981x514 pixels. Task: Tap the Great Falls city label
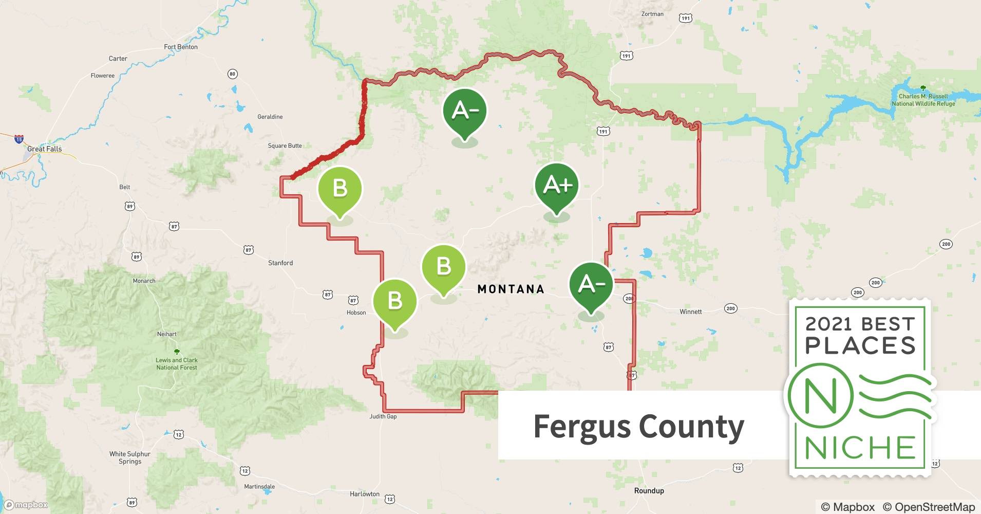(44, 149)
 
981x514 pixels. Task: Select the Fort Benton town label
(181, 47)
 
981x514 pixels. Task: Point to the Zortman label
(652, 14)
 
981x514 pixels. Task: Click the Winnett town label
(690, 311)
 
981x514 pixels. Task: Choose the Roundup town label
(649, 490)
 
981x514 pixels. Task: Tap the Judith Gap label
(383, 416)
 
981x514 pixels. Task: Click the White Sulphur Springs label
(130, 457)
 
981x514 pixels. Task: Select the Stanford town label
(280, 263)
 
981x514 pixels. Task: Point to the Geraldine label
(270, 117)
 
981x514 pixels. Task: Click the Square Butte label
(285, 145)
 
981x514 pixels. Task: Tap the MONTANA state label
(511, 289)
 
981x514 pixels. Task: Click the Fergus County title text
(638, 426)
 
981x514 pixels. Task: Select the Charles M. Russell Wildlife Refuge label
(923, 100)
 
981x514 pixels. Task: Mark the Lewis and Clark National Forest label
(177, 363)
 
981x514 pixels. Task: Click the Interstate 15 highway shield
(19, 139)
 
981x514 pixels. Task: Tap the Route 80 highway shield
(232, 74)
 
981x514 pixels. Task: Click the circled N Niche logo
(820, 396)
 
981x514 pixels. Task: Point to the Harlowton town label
(365, 494)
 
